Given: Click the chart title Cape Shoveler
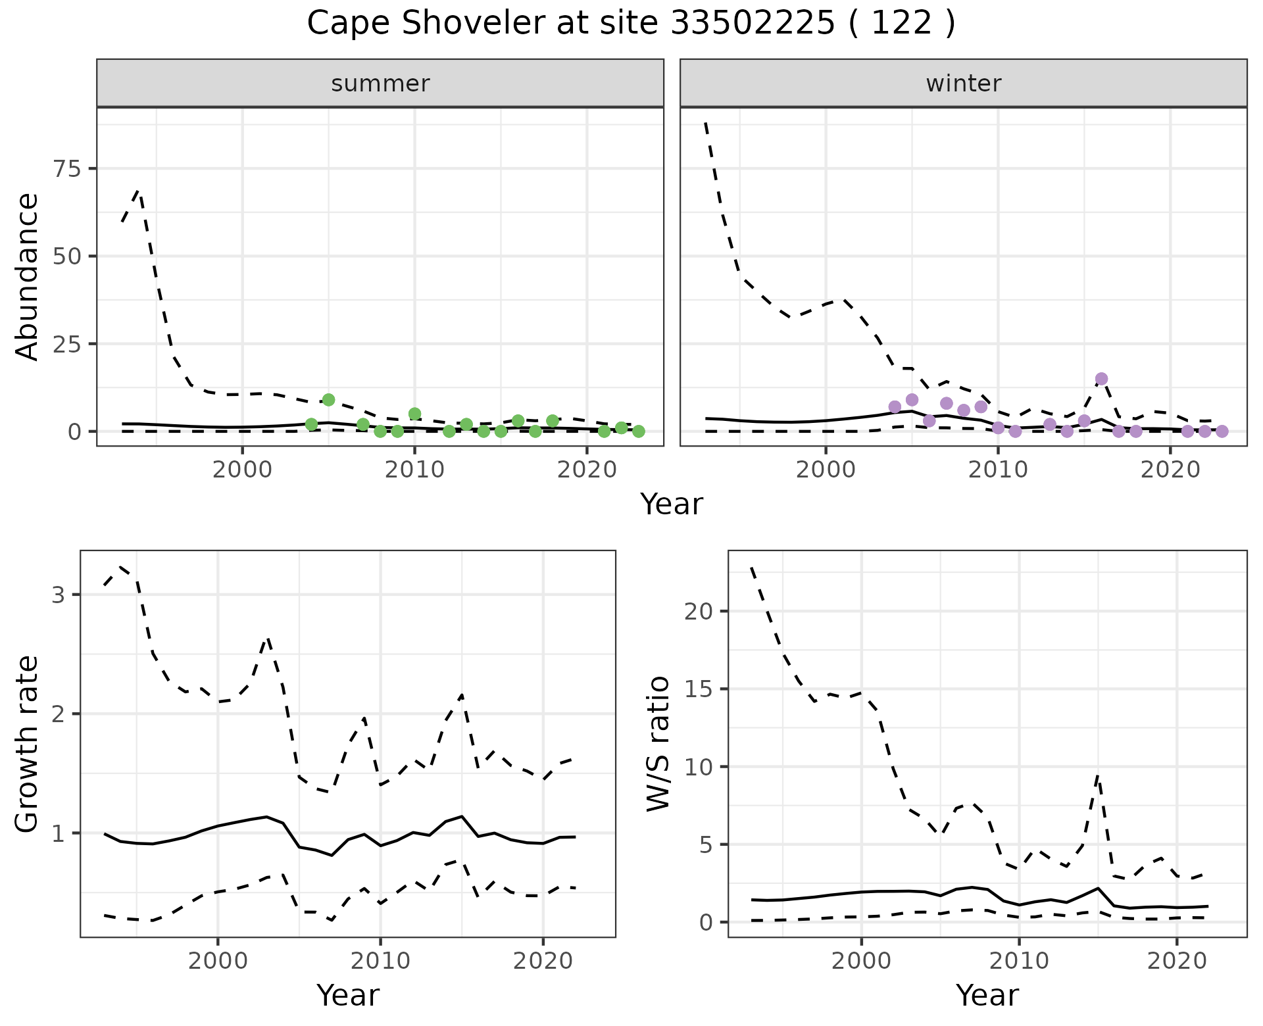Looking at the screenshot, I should (630, 24).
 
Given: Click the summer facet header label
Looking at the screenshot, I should (380, 84).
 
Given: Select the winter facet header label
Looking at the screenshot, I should (963, 84).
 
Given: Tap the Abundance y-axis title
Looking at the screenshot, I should (28, 276).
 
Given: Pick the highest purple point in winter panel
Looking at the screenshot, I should (1102, 379).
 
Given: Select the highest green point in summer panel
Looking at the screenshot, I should (329, 400).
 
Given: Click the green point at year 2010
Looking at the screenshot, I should (414, 414).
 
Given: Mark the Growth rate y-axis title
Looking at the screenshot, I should (28, 743).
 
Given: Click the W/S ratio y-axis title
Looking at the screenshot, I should (658, 743).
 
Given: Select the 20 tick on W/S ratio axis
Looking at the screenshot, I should (699, 612).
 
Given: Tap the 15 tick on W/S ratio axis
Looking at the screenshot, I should (699, 689).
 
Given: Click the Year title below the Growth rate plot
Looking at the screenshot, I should (348, 995).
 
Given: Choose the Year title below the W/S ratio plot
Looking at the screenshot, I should (987, 995).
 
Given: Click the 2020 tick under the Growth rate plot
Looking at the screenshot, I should (543, 961).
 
